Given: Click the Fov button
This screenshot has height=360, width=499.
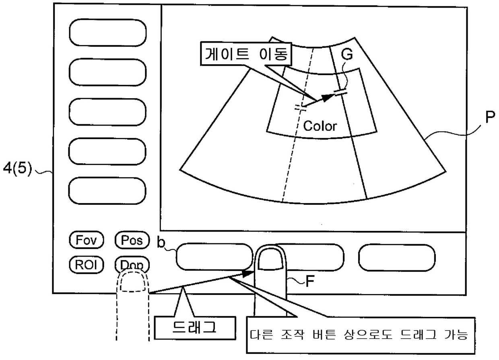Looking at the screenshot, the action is tap(87, 241).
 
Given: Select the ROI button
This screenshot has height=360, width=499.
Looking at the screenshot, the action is tap(87, 264).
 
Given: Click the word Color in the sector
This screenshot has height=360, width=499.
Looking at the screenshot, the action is tap(320, 126).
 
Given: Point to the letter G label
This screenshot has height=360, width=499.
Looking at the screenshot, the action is tap(346, 54).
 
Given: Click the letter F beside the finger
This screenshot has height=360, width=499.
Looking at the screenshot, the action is tap(309, 281).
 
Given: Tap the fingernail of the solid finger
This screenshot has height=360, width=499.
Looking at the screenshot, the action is tap(270, 261).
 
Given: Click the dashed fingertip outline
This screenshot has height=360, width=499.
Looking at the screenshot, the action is tap(132, 281).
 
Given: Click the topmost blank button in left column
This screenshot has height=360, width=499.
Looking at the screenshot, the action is tap(108, 32).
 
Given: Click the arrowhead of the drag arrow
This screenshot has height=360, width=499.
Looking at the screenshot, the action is tap(249, 274).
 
